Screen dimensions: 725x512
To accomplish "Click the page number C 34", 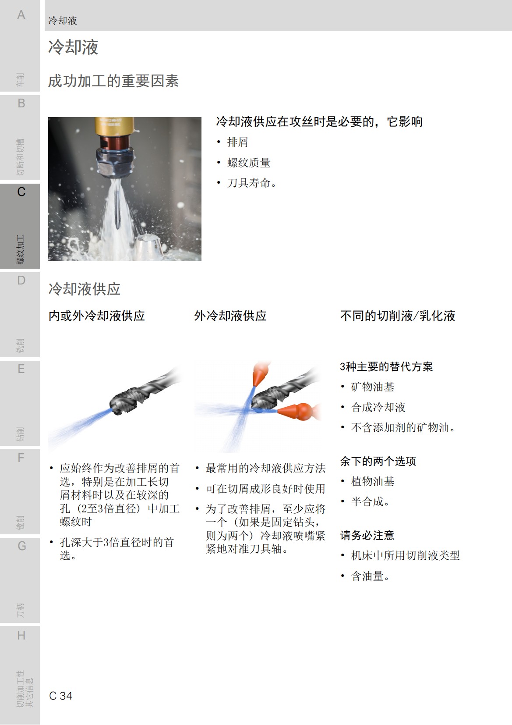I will tap(61, 696).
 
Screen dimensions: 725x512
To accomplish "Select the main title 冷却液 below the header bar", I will tap(73, 47).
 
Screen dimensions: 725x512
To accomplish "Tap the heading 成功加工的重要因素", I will tap(113, 81).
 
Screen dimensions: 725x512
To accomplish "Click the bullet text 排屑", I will tap(237, 142).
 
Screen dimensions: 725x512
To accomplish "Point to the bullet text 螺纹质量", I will tap(248, 163).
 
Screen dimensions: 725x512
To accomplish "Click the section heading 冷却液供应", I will tap(84, 289).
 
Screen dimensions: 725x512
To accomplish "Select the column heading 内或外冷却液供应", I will tap(96, 316).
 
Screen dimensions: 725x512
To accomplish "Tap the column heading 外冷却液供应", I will tap(230, 316).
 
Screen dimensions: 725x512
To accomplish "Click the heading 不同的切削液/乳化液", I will tap(398, 316).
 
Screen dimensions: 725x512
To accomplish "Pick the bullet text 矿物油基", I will tap(373, 387).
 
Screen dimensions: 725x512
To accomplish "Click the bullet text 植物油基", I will tap(373, 482).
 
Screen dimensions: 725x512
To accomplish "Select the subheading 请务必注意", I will tap(367, 535).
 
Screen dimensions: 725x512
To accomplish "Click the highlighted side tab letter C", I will tap(21, 192).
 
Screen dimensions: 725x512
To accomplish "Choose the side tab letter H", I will tap(21, 635).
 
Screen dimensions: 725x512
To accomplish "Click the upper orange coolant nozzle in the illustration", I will tap(261, 373).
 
